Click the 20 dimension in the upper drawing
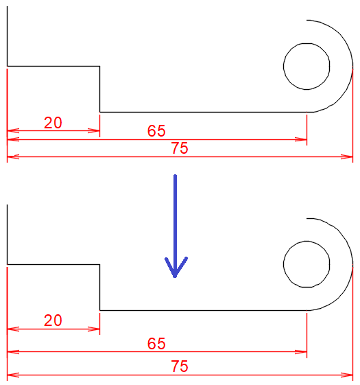53,123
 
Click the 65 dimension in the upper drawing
156,130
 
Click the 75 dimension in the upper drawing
180,148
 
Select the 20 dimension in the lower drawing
53,320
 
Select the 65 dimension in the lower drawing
156,343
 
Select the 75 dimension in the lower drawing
180,366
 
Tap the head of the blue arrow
175,276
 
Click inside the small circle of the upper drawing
307,67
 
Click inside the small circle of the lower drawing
307,264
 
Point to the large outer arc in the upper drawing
352,65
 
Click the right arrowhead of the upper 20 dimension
94,130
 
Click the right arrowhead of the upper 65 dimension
301,139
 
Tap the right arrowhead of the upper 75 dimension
347,156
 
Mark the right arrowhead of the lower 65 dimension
301,352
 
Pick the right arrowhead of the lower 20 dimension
94,329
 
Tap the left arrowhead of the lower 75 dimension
13,375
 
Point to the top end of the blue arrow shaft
175,175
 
